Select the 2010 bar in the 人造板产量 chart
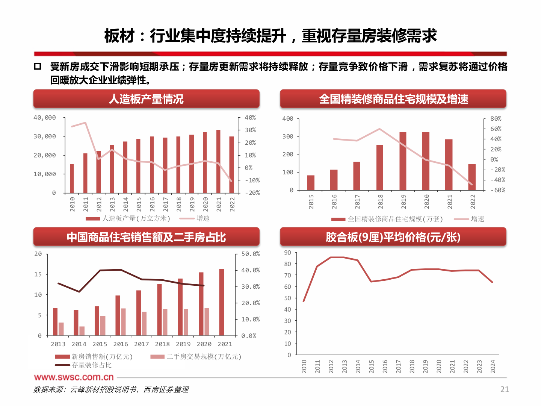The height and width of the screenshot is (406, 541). click(x=72, y=179)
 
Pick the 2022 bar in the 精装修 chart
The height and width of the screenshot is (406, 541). click(x=472, y=177)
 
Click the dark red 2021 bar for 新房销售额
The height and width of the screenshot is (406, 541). click(x=222, y=302)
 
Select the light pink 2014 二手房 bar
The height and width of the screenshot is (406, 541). click(x=82, y=331)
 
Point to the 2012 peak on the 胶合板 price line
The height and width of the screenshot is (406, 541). click(x=331, y=258)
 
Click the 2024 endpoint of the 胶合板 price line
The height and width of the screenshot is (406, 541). click(x=492, y=282)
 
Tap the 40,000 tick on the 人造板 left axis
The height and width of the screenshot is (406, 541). click(x=45, y=118)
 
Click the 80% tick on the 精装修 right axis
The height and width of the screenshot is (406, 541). click(x=496, y=118)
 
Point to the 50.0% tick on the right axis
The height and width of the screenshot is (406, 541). click(x=250, y=254)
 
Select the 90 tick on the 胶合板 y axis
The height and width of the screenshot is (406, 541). click(x=287, y=253)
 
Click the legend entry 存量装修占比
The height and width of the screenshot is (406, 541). click(x=91, y=365)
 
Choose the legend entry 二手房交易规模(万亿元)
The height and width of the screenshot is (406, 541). click(x=204, y=356)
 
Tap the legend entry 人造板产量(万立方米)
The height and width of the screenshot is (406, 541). click(x=136, y=218)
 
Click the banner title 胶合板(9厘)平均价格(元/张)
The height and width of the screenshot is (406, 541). click(x=393, y=237)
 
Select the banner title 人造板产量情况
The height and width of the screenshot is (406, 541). click(x=146, y=99)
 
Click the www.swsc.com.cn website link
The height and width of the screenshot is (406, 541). click(x=74, y=377)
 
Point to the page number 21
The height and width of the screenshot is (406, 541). click(x=504, y=389)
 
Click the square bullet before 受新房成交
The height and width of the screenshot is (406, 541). click(x=38, y=67)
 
